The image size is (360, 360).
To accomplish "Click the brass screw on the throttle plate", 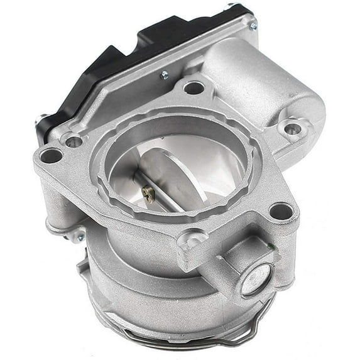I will pos(149,195).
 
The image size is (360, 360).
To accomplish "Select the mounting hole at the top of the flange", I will pos(193,87).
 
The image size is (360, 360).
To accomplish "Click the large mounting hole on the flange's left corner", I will pos(50,155).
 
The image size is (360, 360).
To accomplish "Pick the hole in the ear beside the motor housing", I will pos(292,129).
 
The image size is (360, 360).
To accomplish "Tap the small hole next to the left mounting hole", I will pos(74,141).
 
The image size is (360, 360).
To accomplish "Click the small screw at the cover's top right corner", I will pos(253,26).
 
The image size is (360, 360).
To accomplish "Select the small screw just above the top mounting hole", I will pos(165,75).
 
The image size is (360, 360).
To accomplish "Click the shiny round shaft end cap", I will pos(256,279).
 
